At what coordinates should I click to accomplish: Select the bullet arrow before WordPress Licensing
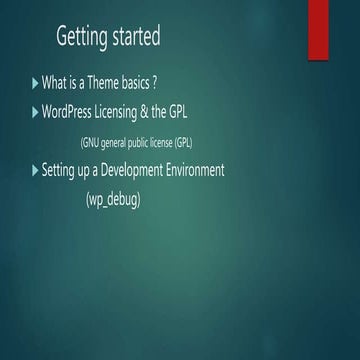tap(36, 111)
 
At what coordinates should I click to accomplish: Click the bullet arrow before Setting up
tap(36, 171)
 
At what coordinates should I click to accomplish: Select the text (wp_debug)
tap(113, 200)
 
